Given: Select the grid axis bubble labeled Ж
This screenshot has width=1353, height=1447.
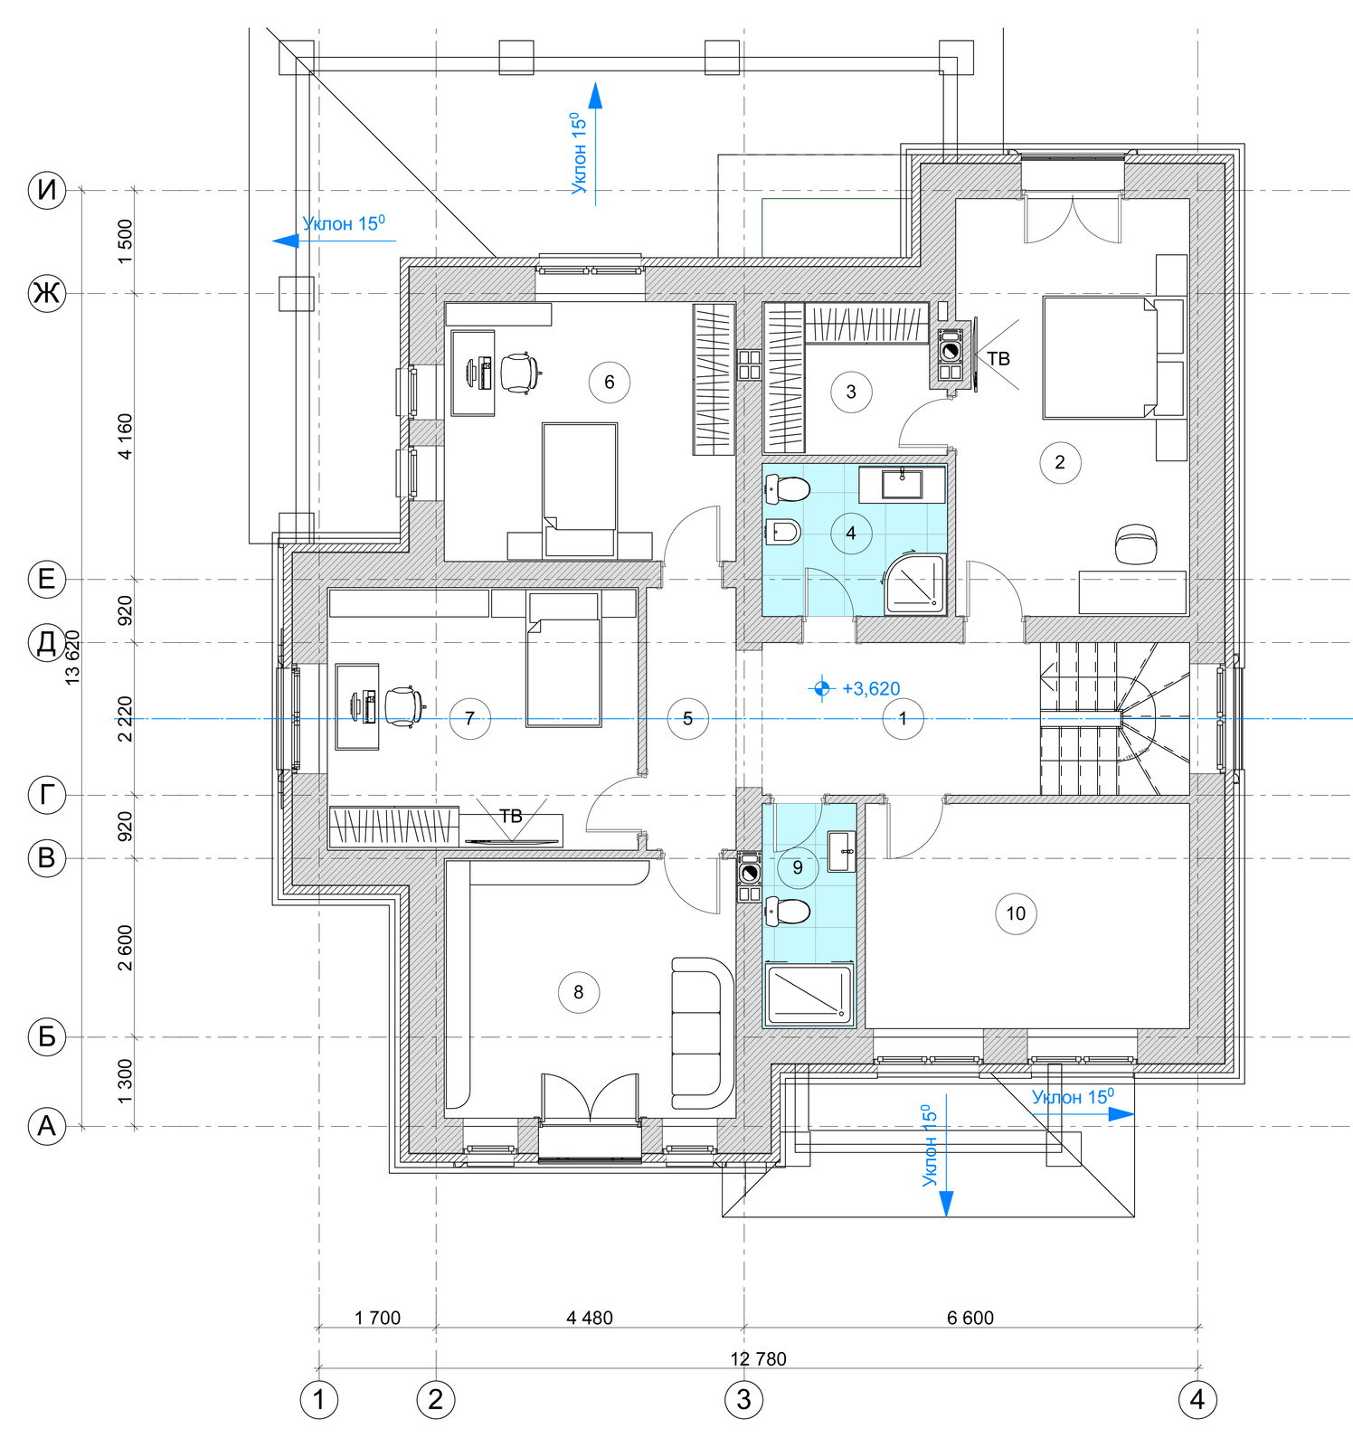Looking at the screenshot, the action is click(46, 294).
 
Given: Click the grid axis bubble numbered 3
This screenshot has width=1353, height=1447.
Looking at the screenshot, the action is click(743, 1400).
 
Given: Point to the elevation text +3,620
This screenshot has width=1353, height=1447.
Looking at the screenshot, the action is click(871, 689).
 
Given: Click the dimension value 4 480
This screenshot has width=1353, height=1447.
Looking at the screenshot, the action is click(590, 1318).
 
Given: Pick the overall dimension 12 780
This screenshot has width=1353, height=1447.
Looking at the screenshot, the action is click(758, 1358).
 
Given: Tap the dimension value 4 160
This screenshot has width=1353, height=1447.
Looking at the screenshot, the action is click(125, 436).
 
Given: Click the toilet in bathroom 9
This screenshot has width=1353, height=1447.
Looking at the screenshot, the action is click(788, 912).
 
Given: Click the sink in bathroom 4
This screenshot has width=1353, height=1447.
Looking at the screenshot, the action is click(902, 484).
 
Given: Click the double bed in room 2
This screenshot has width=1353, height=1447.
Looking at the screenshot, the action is click(1100, 356).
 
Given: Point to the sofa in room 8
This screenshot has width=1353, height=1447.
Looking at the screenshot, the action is click(702, 1033).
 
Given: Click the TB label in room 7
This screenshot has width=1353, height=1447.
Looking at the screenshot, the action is click(511, 816).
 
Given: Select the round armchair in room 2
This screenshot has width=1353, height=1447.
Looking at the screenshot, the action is click(1136, 544).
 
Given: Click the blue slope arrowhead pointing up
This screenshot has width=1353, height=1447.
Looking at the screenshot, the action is click(595, 95).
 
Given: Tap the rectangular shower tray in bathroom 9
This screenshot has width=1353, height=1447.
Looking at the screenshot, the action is click(809, 995).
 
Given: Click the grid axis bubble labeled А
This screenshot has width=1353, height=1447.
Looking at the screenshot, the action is click(46, 1127).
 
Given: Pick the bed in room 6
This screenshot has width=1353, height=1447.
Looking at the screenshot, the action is click(580, 490).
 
